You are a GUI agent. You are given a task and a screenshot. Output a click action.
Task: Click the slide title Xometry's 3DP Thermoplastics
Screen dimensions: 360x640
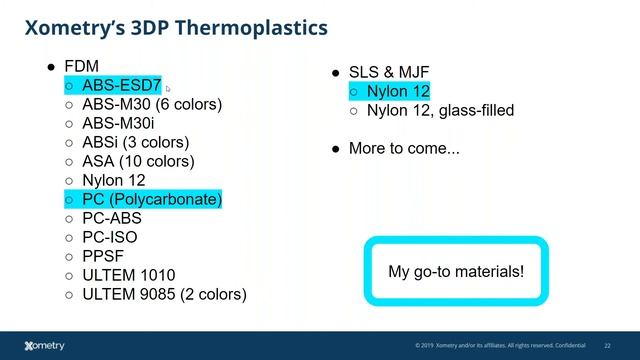(x=175, y=27)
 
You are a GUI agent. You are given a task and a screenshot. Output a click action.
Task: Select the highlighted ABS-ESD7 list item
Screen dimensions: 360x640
(x=121, y=86)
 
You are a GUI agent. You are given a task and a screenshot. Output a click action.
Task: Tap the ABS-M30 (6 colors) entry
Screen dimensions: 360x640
(x=151, y=104)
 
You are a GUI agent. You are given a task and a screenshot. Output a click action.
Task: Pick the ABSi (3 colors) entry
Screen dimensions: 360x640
(x=135, y=142)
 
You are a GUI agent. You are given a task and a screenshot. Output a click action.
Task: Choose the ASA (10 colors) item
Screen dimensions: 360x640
(x=138, y=161)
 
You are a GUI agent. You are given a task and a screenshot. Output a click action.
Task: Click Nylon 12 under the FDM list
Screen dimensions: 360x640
(x=113, y=180)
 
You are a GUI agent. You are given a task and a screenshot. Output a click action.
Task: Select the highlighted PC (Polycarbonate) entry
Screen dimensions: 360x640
(x=151, y=199)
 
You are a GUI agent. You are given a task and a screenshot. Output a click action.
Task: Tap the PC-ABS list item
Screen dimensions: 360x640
(x=111, y=218)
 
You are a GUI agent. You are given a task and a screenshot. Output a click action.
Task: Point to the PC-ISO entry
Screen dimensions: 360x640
(x=109, y=237)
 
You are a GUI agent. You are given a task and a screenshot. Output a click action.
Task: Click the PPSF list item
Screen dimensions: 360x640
(x=103, y=256)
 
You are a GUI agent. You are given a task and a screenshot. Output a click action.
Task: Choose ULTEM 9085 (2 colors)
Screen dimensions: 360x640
(x=164, y=294)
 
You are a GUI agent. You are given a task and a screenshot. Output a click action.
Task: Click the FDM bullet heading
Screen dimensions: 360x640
(x=81, y=67)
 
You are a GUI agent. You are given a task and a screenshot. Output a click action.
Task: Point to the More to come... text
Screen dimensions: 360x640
(x=404, y=148)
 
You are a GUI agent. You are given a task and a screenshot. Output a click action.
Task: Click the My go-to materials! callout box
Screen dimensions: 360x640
(x=455, y=271)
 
